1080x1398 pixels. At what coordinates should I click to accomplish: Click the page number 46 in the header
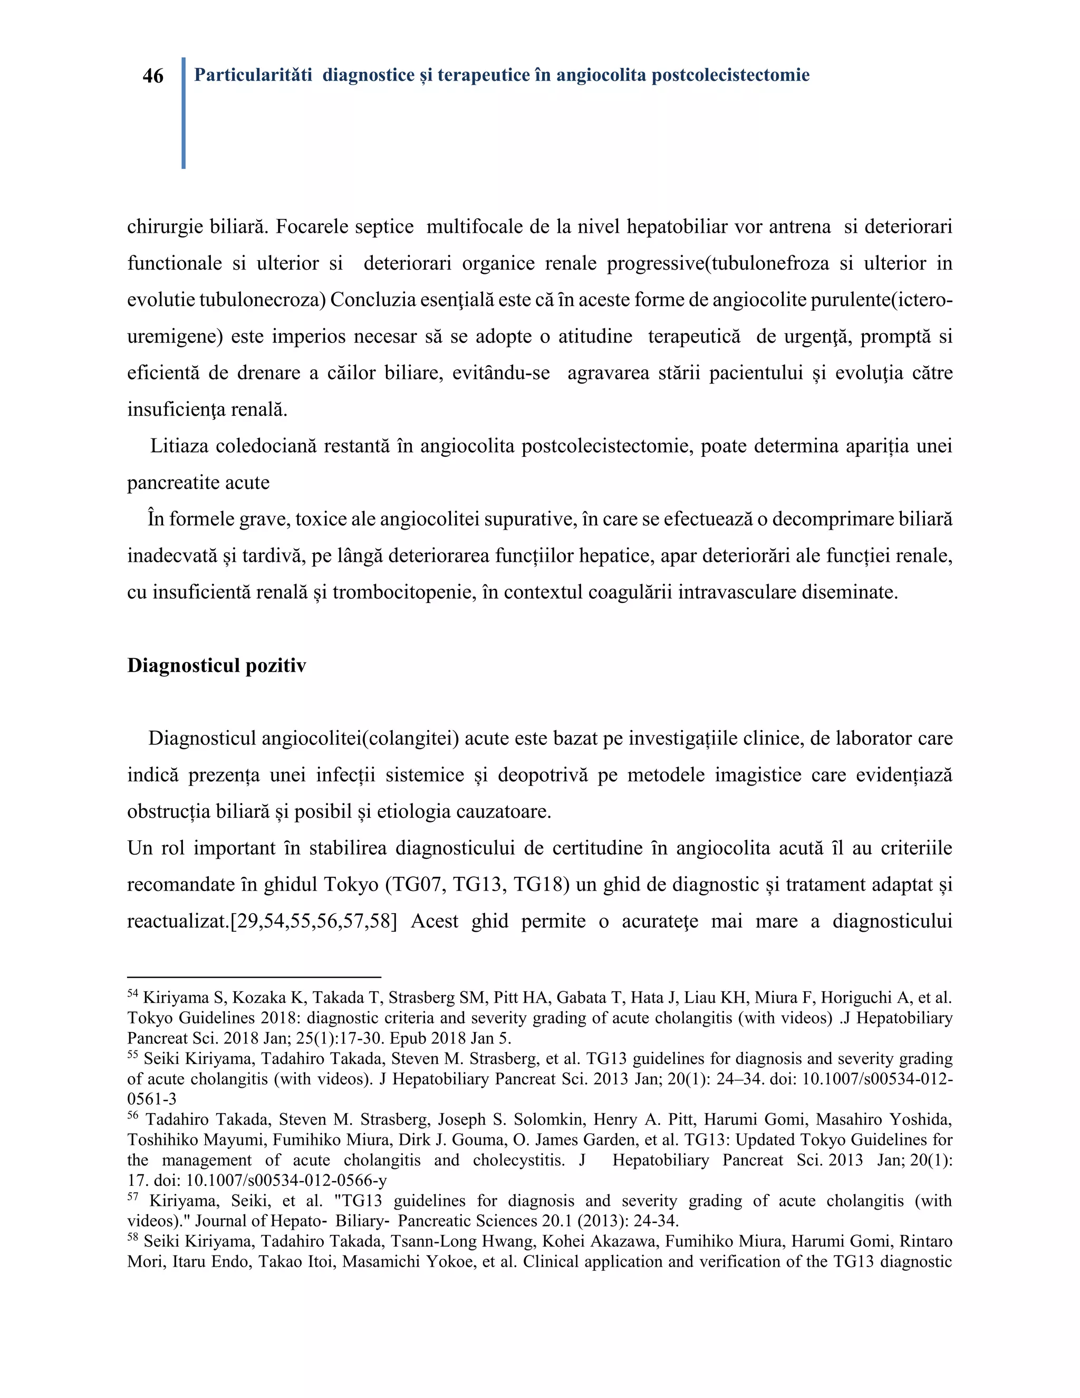(x=153, y=76)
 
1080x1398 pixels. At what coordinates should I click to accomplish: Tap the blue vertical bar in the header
(x=184, y=113)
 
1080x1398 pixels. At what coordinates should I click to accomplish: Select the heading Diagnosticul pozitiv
(x=216, y=666)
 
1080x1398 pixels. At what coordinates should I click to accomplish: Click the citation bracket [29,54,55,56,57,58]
(x=313, y=921)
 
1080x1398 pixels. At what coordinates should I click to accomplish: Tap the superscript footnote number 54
(x=132, y=993)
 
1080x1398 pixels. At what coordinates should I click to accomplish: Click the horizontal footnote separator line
(x=254, y=978)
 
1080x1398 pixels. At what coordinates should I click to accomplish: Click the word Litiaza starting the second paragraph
(x=179, y=446)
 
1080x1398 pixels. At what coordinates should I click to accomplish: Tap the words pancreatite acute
(x=198, y=483)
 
